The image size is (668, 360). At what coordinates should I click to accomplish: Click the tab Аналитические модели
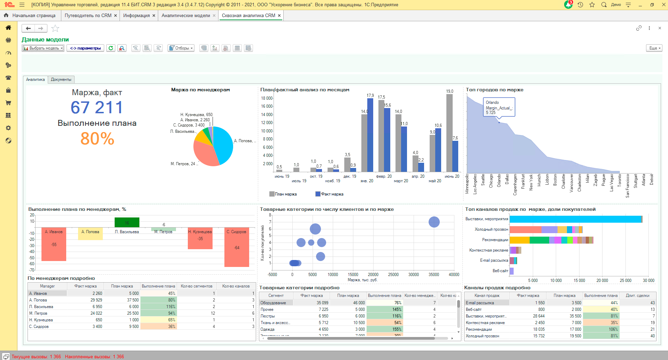[185, 16]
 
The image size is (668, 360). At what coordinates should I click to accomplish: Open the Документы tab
[61, 79]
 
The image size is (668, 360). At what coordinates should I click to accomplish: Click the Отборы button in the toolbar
[181, 48]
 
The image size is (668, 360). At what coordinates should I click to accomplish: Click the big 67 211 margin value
[97, 107]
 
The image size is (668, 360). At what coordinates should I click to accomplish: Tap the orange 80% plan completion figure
[97, 139]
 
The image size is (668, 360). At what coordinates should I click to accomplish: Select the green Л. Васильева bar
[127, 222]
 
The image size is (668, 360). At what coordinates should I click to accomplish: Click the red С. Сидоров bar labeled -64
[237, 251]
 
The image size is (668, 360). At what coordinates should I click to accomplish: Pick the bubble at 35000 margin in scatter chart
[434, 222]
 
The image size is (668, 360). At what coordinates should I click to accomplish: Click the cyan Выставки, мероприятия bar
[575, 219]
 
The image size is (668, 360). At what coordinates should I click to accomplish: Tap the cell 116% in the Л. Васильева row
[159, 307]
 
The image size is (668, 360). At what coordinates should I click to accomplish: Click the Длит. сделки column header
[637, 296]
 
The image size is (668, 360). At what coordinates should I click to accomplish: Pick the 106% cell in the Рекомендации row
[601, 329]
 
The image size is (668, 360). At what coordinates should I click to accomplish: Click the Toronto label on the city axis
[619, 181]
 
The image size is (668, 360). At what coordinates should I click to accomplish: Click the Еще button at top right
[654, 48]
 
